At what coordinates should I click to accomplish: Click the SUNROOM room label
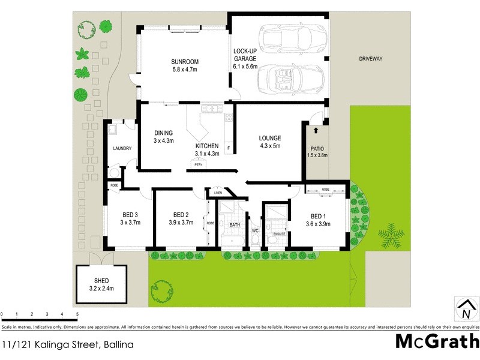[x=184, y=62]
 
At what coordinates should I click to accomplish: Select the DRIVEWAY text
[x=370, y=59]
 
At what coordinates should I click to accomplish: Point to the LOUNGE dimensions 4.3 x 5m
[x=269, y=146]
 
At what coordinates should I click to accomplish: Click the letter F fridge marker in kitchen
[x=228, y=148]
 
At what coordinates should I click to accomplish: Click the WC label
[x=254, y=230]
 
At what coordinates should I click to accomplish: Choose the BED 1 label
[x=318, y=217]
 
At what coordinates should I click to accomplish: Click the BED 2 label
[x=181, y=215]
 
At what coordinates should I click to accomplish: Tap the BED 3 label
[x=130, y=215]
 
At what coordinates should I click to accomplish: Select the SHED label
[x=101, y=280]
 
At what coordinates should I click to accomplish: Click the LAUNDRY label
[x=122, y=148]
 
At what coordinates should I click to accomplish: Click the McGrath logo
[x=437, y=341]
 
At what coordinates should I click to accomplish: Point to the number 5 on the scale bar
[x=77, y=314]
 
